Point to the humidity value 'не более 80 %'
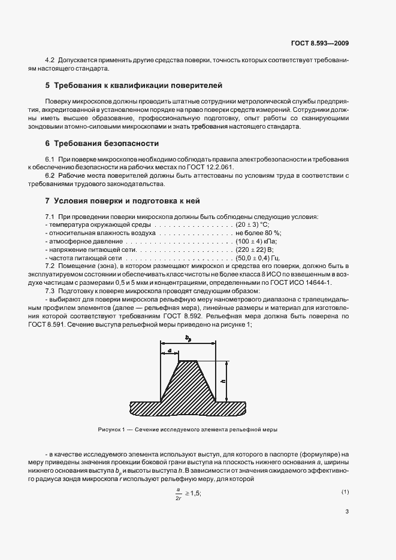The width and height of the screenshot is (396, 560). [258, 232]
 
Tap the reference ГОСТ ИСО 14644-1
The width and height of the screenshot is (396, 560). [310, 282]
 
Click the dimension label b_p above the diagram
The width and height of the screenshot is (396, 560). [188, 339]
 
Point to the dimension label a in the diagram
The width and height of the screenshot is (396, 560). [170, 350]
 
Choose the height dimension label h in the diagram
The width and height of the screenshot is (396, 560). [222, 381]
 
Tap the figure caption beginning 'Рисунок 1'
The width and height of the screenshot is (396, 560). [188, 430]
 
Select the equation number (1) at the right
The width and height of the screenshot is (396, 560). [345, 491]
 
